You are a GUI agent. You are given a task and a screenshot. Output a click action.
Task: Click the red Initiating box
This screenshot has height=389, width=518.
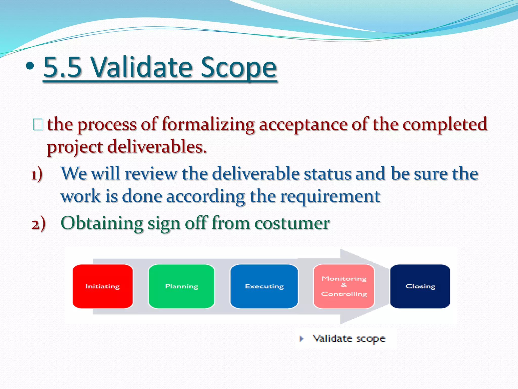tap(102, 286)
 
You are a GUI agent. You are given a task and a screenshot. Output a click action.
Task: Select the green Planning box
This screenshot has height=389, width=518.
tap(181, 286)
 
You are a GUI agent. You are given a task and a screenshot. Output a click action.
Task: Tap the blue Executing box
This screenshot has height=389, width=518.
tap(264, 286)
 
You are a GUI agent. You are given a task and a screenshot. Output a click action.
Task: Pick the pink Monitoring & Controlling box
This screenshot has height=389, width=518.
tap(344, 286)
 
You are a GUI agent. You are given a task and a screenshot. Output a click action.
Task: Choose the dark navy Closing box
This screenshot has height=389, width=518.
tap(420, 286)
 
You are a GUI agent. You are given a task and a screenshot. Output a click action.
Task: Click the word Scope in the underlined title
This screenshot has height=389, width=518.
tap(239, 67)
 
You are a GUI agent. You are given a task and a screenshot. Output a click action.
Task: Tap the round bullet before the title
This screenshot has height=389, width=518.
tap(30, 66)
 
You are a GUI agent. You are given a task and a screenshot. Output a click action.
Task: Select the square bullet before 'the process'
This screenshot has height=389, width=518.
tap(38, 125)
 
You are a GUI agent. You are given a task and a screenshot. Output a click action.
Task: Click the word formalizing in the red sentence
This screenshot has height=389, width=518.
tap(208, 125)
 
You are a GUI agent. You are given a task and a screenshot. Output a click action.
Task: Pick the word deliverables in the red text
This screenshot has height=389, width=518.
tap(157, 147)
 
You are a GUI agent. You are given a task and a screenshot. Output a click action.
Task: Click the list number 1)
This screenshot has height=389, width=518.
tap(37, 174)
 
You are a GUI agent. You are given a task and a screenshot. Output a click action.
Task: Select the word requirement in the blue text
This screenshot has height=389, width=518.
tap(330, 197)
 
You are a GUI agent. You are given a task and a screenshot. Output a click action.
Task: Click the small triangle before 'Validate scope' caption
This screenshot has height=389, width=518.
tap(301, 339)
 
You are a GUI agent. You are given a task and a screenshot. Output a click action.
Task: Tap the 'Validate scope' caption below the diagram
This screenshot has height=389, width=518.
tap(349, 339)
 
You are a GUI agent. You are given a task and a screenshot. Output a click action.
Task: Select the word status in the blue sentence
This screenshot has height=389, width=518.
tap(327, 174)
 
